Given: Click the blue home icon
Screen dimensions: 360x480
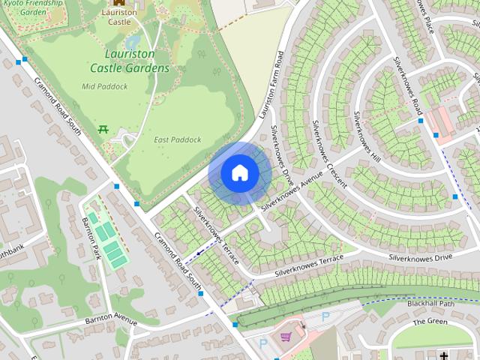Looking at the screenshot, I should point(239,173).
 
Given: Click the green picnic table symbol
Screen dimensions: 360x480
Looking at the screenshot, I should point(103,129).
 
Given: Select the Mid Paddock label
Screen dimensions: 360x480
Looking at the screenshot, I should point(104,86).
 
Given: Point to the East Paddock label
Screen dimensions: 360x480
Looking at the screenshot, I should point(178,139).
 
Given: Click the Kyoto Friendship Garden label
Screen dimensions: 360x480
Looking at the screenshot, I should point(22,8).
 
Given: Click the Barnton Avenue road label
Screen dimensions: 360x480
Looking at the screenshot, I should point(111,322).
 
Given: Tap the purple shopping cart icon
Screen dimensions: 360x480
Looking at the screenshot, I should point(286,337).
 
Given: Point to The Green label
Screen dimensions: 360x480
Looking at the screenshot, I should point(430,322).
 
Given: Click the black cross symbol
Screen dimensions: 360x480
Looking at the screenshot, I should point(444,355).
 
